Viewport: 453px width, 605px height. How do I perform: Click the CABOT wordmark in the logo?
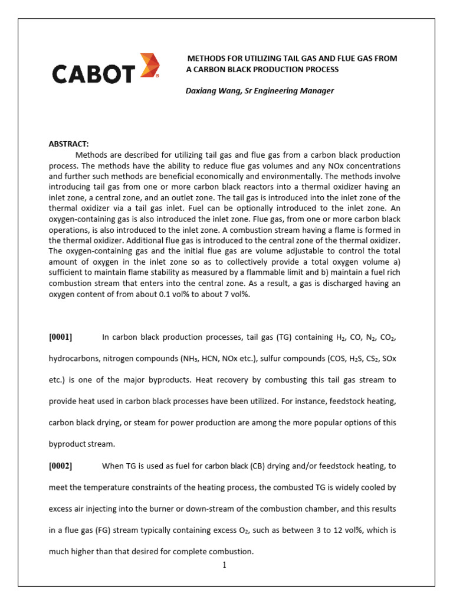click(x=94, y=74)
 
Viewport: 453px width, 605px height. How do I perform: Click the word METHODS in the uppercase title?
click(x=206, y=58)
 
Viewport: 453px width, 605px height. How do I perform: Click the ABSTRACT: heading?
click(x=68, y=144)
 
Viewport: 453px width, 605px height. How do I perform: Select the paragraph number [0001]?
click(x=60, y=337)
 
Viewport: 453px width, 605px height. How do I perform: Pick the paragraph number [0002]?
click(x=60, y=466)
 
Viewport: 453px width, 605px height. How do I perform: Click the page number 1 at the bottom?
click(x=225, y=565)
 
